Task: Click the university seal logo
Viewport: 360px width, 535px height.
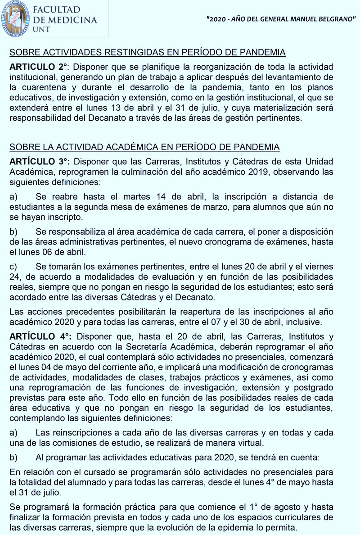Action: pyautogui.click(x=14, y=18)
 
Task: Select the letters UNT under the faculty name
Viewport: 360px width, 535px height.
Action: pyautogui.click(x=42, y=29)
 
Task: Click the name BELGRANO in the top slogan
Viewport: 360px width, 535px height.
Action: pyautogui.click(x=335, y=21)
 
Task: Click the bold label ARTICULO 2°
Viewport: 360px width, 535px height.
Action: pyautogui.click(x=39, y=67)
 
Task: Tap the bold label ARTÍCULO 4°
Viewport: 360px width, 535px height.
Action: pyautogui.click(x=40, y=337)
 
